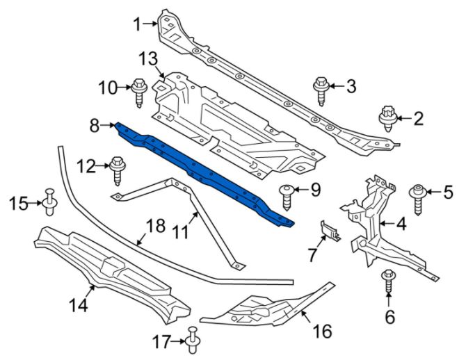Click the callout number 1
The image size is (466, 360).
(x=137, y=24)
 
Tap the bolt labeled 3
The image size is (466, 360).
(x=321, y=91)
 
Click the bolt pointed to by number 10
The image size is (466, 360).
(x=139, y=92)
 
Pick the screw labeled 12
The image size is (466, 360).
(x=118, y=170)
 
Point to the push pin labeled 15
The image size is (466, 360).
(x=49, y=202)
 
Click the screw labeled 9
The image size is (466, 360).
(x=287, y=197)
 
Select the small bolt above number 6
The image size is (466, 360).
(x=388, y=281)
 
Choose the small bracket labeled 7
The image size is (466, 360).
(x=330, y=230)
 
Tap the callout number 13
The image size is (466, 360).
(x=148, y=59)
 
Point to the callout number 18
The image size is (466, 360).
(x=156, y=226)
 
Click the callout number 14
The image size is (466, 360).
(x=79, y=304)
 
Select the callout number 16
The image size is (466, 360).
(x=323, y=331)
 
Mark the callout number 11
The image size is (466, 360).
(x=181, y=231)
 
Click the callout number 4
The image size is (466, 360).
(x=401, y=224)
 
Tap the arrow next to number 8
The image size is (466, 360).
(x=108, y=126)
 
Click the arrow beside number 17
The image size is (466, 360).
(x=178, y=342)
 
